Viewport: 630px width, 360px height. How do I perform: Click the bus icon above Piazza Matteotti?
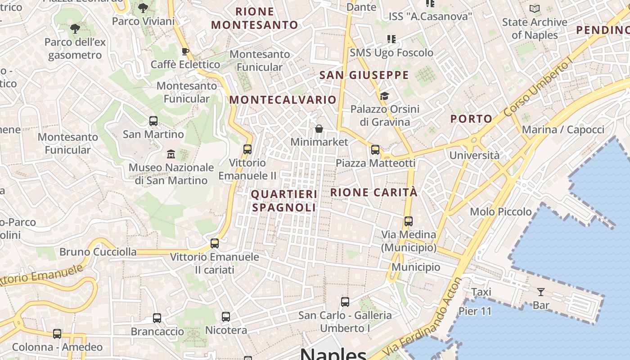[x=375, y=150]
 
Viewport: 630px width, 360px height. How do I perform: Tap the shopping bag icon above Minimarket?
[x=319, y=129]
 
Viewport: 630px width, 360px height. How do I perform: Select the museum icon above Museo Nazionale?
[x=171, y=154]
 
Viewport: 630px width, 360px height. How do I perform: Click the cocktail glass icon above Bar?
[x=540, y=292]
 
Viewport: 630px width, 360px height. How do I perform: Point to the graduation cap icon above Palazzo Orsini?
[x=384, y=96]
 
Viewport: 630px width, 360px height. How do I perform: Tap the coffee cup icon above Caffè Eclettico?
[x=185, y=51]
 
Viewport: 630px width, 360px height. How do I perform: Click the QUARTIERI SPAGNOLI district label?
[x=284, y=201]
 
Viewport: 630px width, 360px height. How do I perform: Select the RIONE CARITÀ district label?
[x=374, y=193]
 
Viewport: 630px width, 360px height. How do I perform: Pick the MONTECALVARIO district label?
[x=283, y=100]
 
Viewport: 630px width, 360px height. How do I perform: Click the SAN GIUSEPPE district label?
[x=364, y=75]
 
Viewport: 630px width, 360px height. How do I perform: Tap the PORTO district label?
[x=472, y=119]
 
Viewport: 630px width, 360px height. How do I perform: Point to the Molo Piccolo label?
[x=500, y=211]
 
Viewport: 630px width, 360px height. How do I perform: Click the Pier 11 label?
[x=475, y=311]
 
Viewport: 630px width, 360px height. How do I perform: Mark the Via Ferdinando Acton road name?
[x=423, y=317]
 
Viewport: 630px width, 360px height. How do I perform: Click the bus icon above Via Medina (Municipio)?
[x=408, y=221]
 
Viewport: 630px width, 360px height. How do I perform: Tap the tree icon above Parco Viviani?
[x=143, y=8]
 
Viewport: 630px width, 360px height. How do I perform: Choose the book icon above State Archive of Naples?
[x=535, y=9]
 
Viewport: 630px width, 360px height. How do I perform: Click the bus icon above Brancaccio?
[x=157, y=318]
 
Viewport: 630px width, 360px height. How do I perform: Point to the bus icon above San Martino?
[x=153, y=121]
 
